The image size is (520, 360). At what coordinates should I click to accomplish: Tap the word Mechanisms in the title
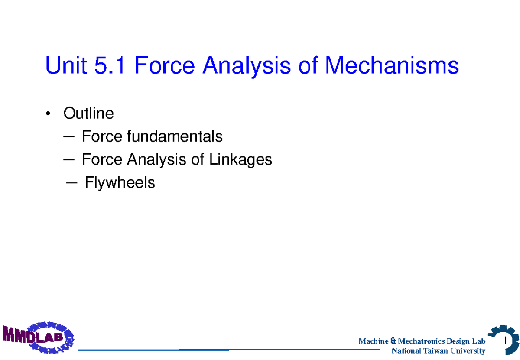click(x=392, y=66)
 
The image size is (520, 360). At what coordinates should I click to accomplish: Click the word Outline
click(x=88, y=114)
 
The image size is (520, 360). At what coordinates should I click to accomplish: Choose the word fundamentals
click(x=174, y=137)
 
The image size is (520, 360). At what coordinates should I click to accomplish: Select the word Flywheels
click(x=120, y=183)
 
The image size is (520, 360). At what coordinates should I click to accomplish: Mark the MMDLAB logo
click(x=39, y=336)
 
